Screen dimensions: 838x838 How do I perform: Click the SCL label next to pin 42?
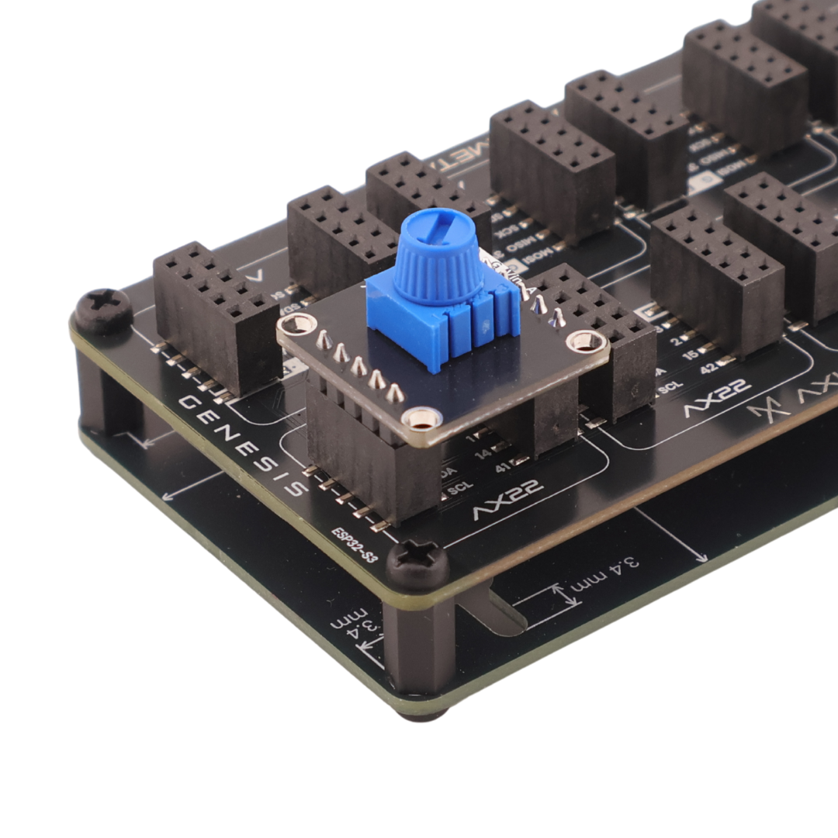coord(669,383)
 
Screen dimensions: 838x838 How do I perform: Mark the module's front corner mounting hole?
coord(421,421)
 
